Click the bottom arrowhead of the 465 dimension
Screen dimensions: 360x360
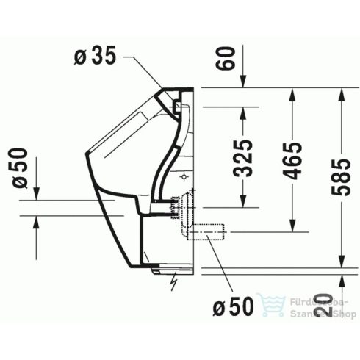click(293, 223)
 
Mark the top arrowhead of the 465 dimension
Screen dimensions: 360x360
click(293, 93)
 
